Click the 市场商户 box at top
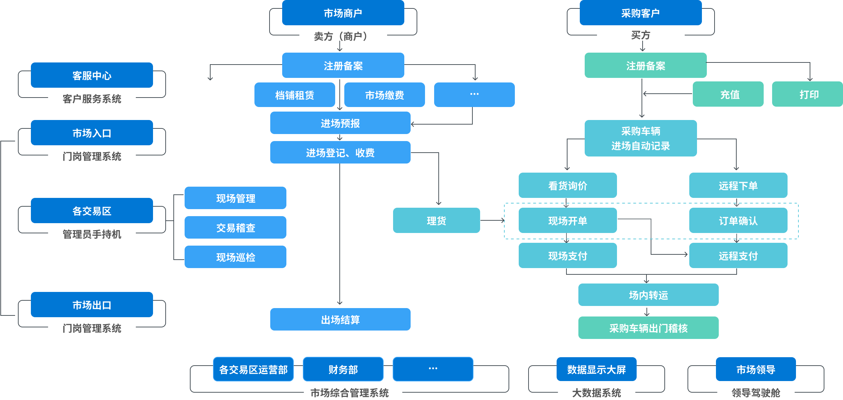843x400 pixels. pyautogui.click(x=343, y=13)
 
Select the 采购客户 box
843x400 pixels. pyautogui.click(x=640, y=13)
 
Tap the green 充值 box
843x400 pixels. pyautogui.click(x=728, y=94)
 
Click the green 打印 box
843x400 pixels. pyautogui.click(x=807, y=94)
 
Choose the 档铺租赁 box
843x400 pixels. pyautogui.click(x=294, y=95)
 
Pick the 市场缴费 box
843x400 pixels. pyautogui.click(x=384, y=95)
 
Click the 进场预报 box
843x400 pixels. pyautogui.click(x=340, y=123)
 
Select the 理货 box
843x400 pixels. pyautogui.click(x=436, y=221)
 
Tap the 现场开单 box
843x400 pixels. pyautogui.click(x=567, y=221)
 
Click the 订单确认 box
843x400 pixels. pyautogui.click(x=738, y=221)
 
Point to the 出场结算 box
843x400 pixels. pyautogui.click(x=340, y=320)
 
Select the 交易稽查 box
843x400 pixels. pyautogui.click(x=235, y=228)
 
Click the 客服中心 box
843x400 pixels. pyautogui.click(x=92, y=75)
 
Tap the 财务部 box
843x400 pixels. pyautogui.click(x=343, y=369)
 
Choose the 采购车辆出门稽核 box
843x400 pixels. pyautogui.click(x=648, y=328)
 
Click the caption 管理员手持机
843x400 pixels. pyautogui.click(x=92, y=234)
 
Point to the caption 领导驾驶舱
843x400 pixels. pyautogui.click(x=756, y=393)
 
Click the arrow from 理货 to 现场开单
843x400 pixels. pyautogui.click(x=492, y=221)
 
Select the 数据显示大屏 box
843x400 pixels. pyautogui.click(x=596, y=369)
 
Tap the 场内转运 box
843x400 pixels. pyautogui.click(x=648, y=295)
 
